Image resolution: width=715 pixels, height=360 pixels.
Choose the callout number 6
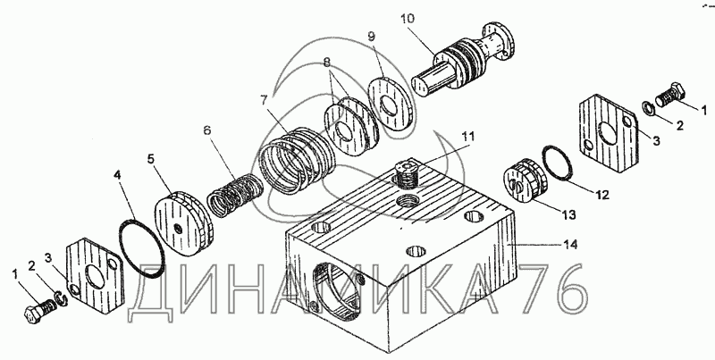[206, 130]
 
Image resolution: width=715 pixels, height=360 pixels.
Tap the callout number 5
[151, 159]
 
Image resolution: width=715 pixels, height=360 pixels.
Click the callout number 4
[116, 175]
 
